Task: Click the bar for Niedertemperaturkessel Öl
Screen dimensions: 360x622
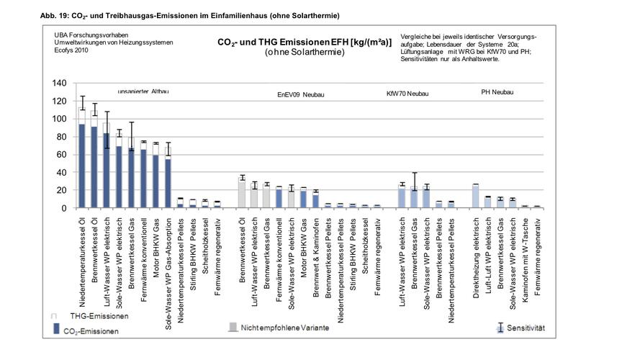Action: coord(82,166)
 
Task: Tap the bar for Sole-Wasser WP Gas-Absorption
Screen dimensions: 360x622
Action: coord(168,183)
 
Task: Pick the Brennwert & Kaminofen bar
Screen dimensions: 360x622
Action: coord(315,201)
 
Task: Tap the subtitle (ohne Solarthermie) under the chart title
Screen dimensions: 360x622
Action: coord(305,53)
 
